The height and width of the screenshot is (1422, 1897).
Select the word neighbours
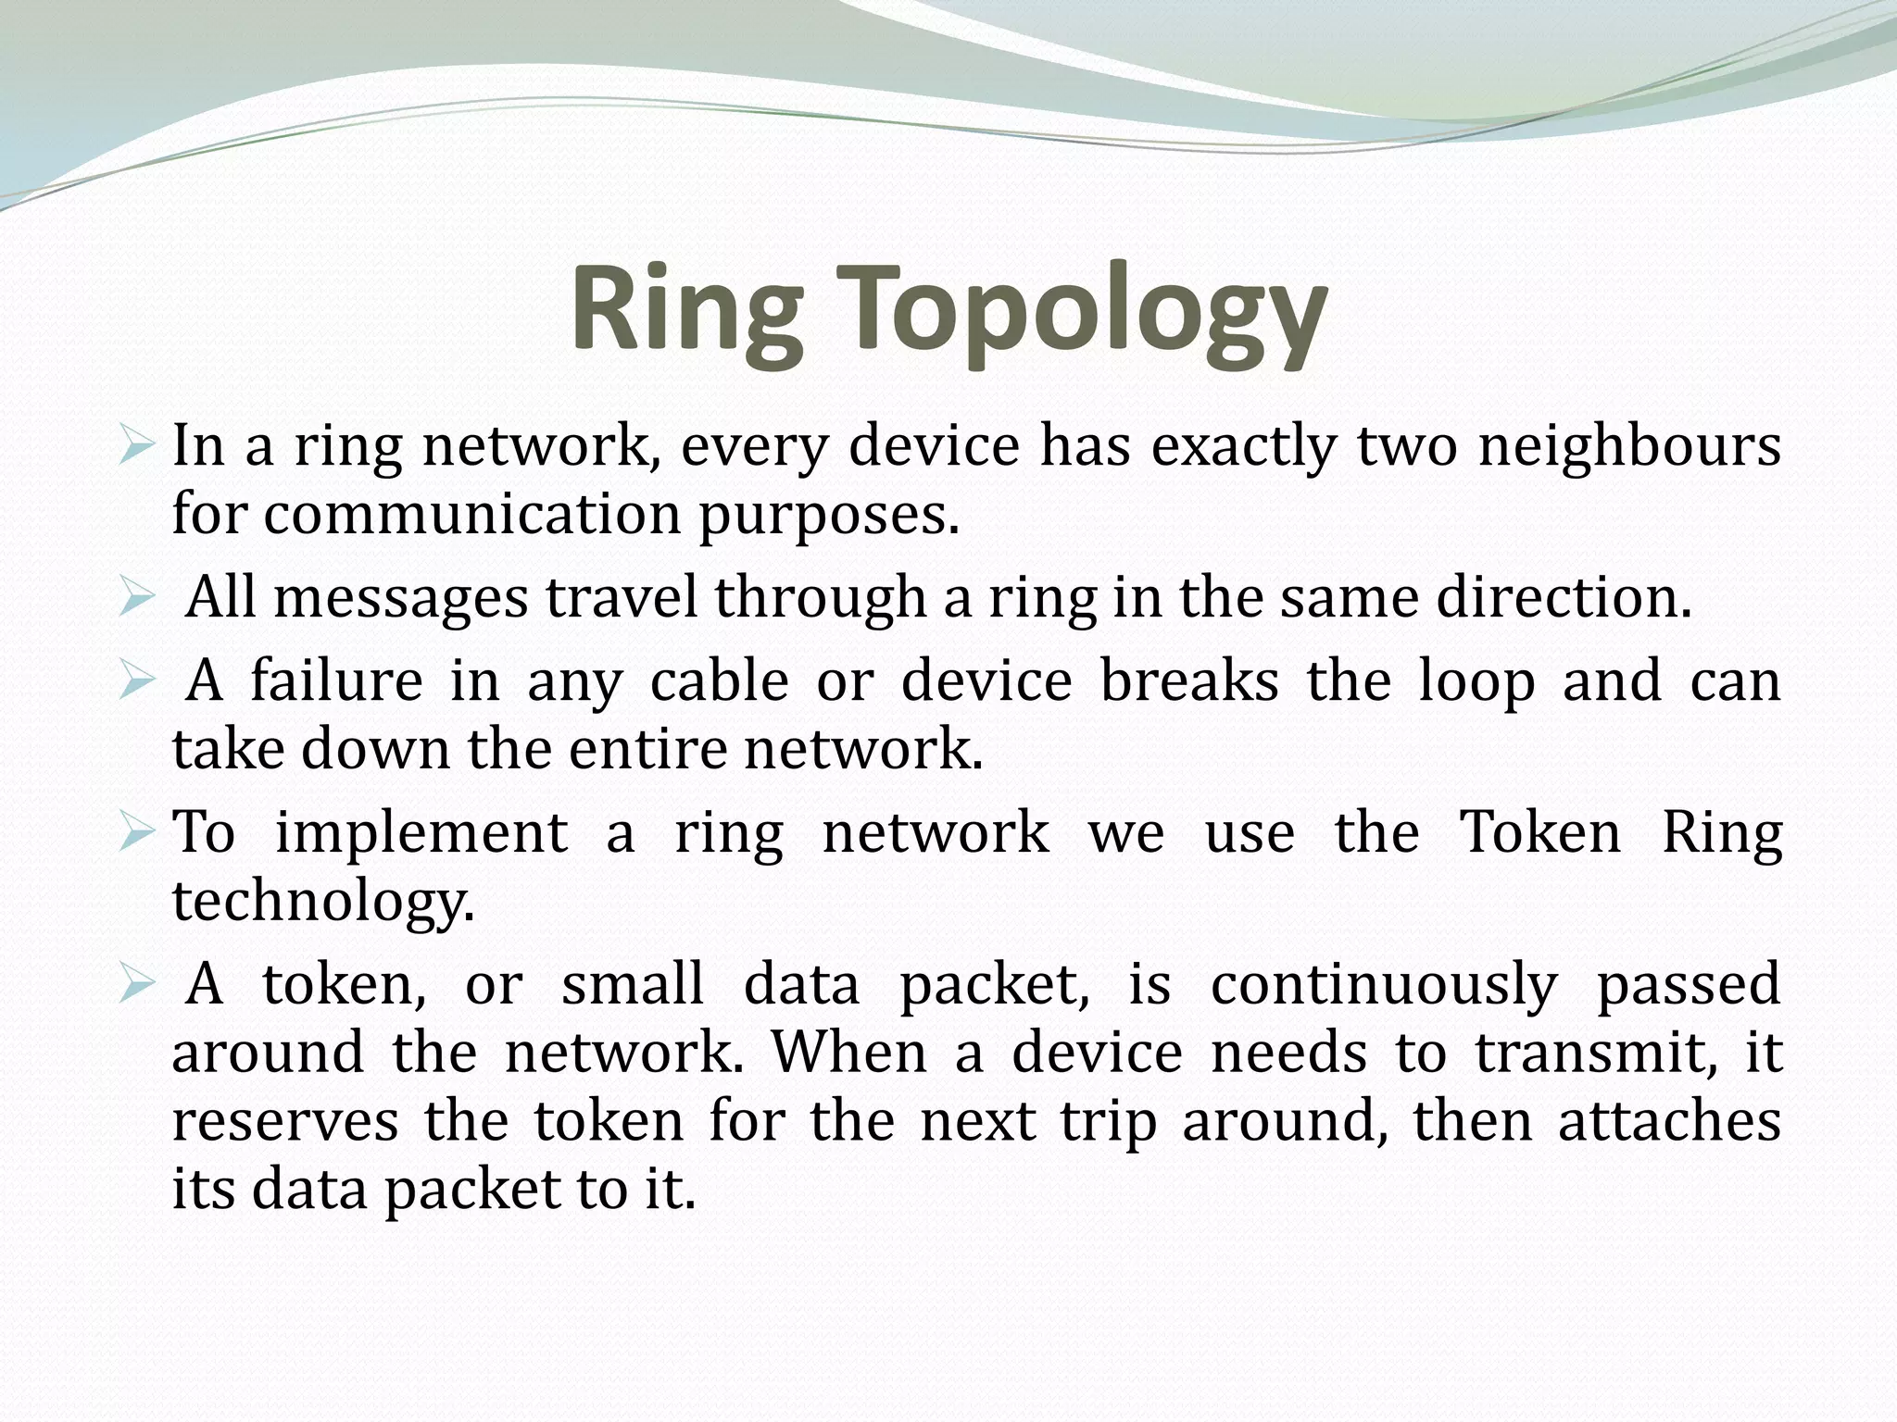coord(1629,446)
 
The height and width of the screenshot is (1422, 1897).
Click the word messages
coord(400,597)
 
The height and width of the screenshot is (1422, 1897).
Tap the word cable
coord(719,681)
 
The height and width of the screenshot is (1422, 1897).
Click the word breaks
coord(1189,681)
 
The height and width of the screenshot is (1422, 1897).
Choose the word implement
coord(421,832)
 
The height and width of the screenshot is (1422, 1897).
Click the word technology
coord(323,901)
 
